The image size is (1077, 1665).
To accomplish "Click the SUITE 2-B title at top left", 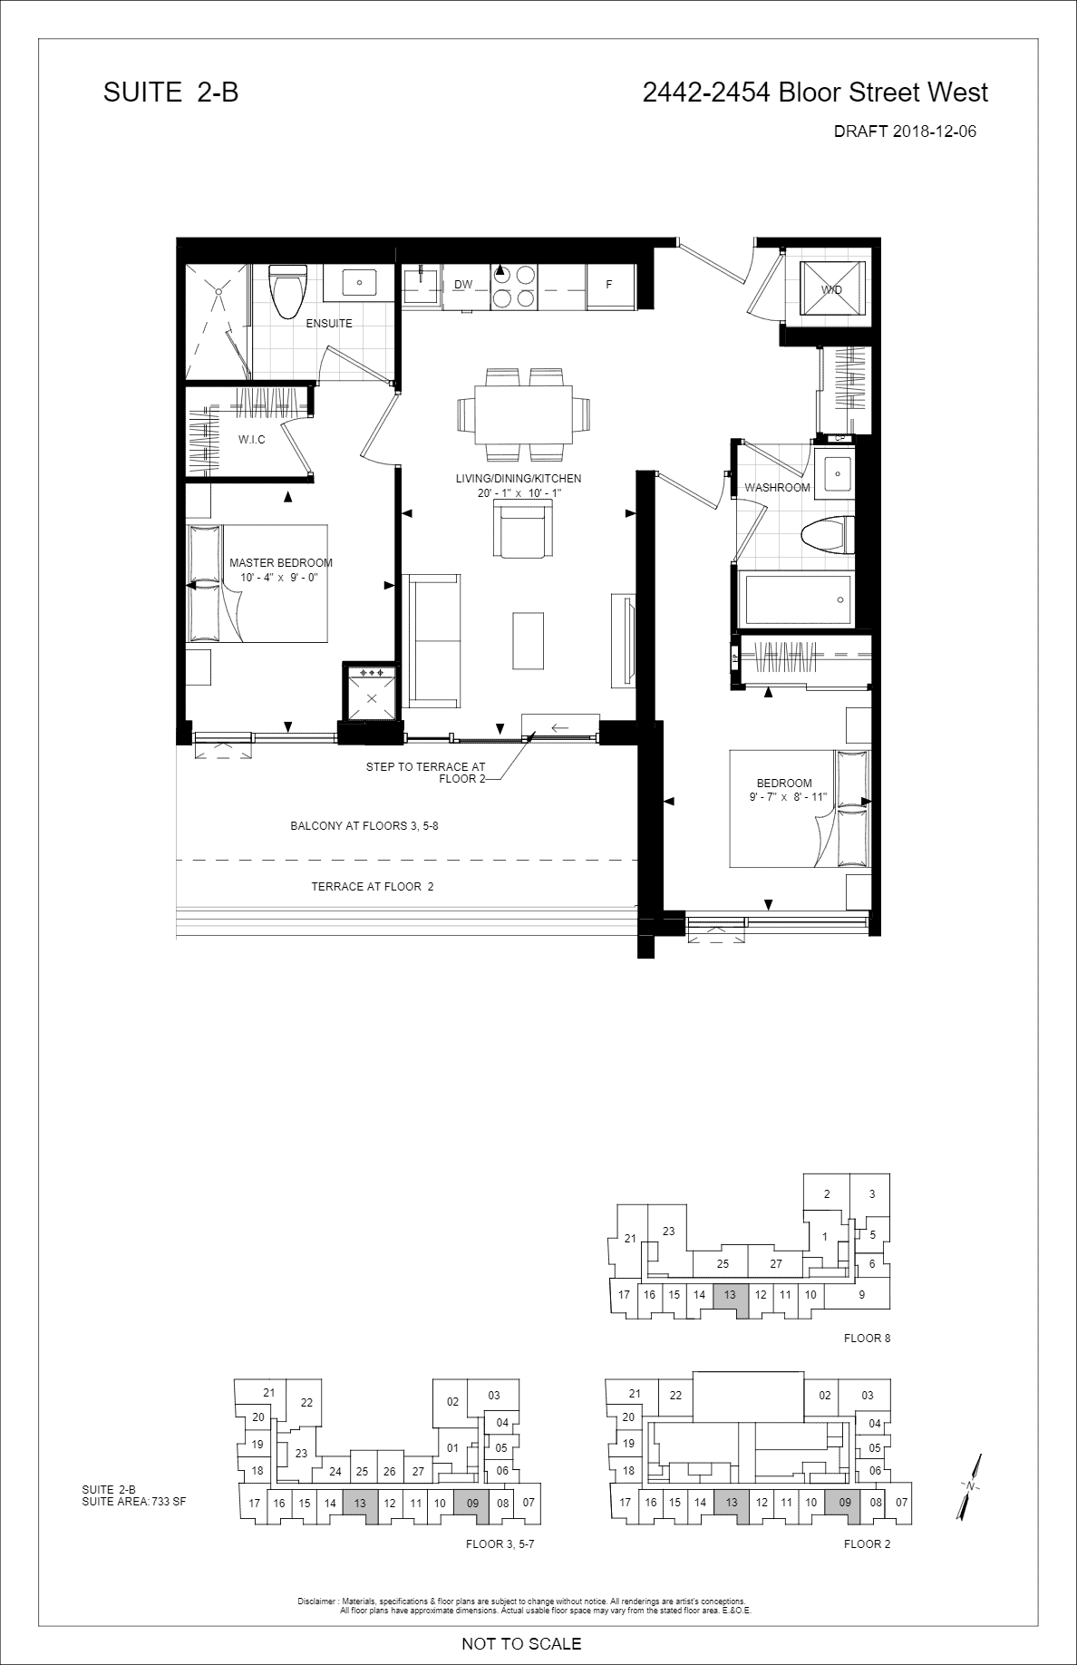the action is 171,92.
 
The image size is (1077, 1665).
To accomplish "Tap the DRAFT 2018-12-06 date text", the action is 905,131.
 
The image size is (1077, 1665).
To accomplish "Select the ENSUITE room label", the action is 329,324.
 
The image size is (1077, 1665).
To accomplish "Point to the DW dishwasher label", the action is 463,285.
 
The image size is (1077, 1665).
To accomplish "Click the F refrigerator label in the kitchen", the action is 609,285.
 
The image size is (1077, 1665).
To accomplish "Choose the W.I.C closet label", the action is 252,440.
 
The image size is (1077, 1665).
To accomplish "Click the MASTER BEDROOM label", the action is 281,562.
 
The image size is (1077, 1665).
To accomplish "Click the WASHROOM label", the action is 777,488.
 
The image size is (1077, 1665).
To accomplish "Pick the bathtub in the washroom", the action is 796,599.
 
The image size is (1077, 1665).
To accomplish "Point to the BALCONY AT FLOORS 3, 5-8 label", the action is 364,826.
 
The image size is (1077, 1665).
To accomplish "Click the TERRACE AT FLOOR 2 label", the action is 373,887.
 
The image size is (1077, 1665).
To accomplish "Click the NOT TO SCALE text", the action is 521,1643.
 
